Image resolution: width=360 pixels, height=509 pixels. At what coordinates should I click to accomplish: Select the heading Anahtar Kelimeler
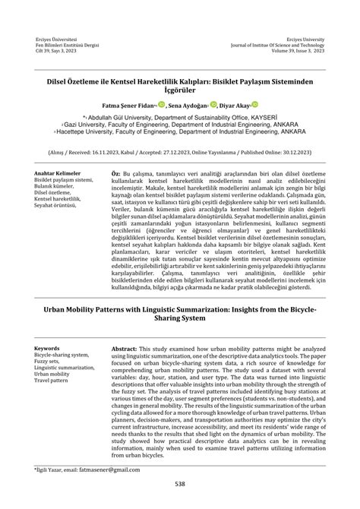pos(60,173)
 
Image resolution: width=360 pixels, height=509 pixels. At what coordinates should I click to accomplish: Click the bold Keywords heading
pos(49,347)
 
